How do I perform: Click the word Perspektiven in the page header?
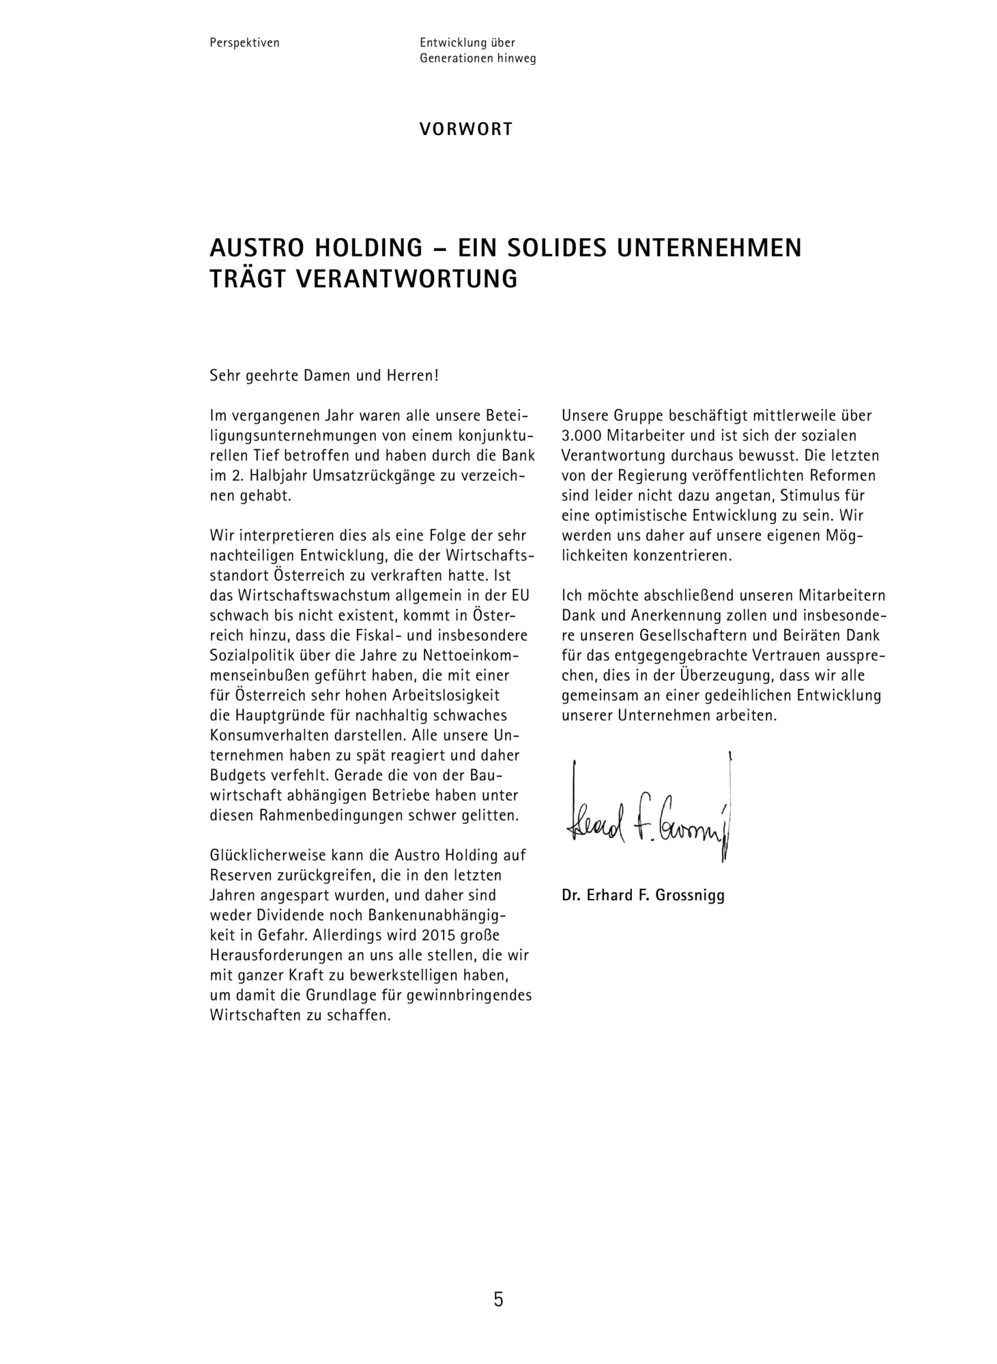244,43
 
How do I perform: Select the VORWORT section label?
466,129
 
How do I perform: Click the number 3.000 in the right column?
581,436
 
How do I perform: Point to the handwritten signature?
648,812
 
